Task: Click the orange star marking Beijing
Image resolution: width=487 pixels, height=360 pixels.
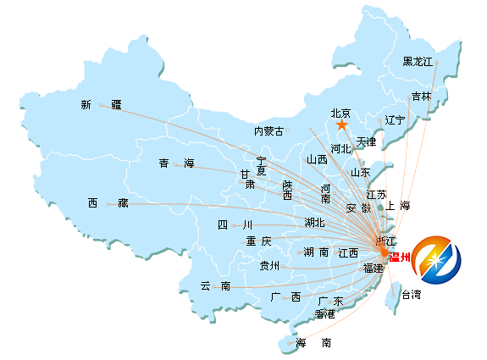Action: [341, 125]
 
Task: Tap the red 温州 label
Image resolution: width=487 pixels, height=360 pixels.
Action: [400, 257]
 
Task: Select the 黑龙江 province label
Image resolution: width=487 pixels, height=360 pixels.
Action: [418, 62]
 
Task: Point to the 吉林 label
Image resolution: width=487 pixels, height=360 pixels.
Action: [422, 97]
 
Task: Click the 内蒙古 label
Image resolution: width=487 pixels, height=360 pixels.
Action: [269, 131]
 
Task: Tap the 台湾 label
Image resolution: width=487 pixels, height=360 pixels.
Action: [412, 294]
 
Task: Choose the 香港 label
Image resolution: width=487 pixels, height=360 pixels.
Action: [325, 314]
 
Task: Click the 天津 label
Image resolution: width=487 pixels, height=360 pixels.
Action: [366, 142]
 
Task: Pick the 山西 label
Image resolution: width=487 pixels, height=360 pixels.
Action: [317, 159]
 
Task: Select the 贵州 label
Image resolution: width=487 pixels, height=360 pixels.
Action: [269, 266]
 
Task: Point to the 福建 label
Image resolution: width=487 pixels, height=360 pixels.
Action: [373, 268]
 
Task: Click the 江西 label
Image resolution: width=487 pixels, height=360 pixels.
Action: [348, 252]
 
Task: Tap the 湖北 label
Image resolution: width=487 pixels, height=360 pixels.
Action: [314, 223]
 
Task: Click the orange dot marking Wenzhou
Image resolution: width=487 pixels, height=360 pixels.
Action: [385, 252]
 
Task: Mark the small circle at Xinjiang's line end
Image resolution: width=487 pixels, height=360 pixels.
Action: [101, 105]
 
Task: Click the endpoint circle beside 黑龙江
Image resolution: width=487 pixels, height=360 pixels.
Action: [436, 62]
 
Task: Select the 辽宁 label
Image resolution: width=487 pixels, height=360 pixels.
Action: [395, 120]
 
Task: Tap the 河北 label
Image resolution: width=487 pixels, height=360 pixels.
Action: [340, 148]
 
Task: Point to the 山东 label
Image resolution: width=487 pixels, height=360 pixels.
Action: [361, 173]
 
